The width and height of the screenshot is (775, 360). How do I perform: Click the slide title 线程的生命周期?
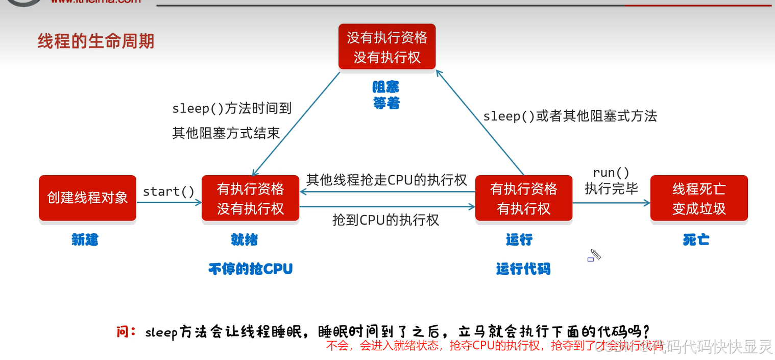coord(96,41)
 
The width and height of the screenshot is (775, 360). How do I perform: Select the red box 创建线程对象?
coord(88,198)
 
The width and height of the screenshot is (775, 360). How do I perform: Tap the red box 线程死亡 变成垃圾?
coord(698,198)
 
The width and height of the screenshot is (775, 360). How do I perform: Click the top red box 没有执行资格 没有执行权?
coord(387,47)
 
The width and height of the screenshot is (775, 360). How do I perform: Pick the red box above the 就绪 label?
coord(250,198)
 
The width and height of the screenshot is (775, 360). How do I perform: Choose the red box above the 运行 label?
coord(523,198)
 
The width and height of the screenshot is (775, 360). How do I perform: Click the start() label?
coord(169,191)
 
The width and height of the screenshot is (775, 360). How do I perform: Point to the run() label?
coord(611,173)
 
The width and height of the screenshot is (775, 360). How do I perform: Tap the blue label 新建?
coord(85,239)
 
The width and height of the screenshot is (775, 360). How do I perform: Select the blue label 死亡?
coord(696,239)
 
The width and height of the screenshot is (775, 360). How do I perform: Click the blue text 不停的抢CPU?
coord(250,269)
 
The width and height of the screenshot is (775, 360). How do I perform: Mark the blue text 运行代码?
coord(523,269)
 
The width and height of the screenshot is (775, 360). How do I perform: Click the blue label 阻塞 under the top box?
coord(386,87)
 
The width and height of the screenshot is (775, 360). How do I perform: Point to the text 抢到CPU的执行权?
coord(385,220)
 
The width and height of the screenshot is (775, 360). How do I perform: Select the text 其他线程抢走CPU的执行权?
coord(386,180)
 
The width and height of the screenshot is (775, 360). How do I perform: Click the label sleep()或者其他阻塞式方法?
coord(570,116)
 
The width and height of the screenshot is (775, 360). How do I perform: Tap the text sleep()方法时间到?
coord(232,108)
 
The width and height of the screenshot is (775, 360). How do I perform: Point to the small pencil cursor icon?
coord(595,254)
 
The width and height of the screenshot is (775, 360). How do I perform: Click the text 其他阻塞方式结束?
coord(226,133)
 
